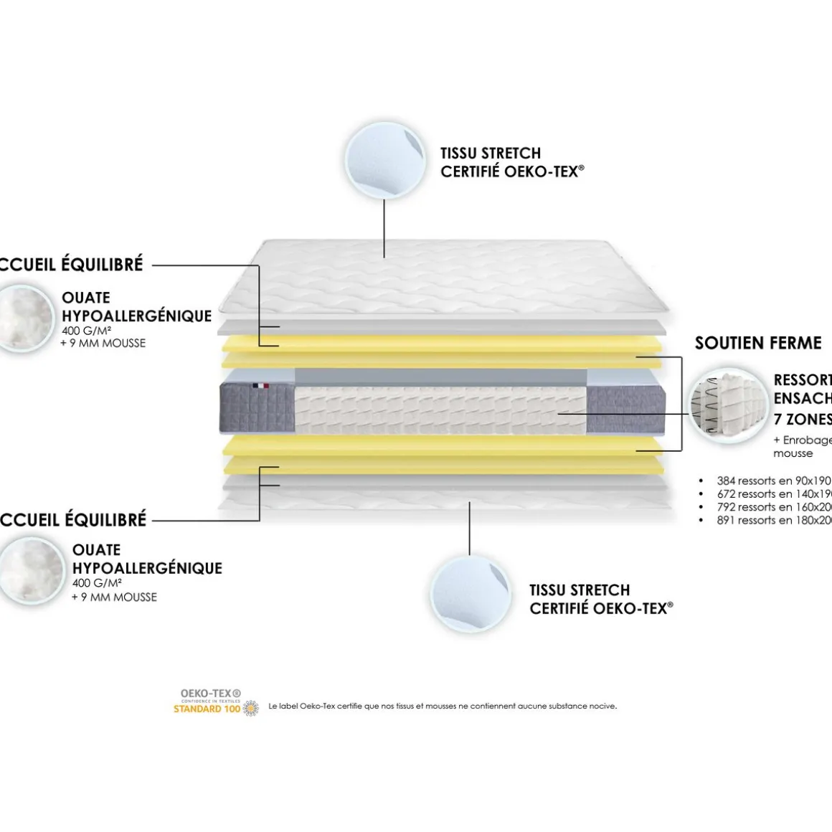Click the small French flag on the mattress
coord(260,386)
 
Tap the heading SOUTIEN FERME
coord(758,343)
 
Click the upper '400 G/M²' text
coord(86,331)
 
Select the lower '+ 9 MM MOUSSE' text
coord(114,597)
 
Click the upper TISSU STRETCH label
coord(491,153)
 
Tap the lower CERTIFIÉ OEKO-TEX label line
coord(601,608)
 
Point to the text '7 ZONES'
coord(802,419)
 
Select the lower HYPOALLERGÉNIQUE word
coord(147,568)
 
